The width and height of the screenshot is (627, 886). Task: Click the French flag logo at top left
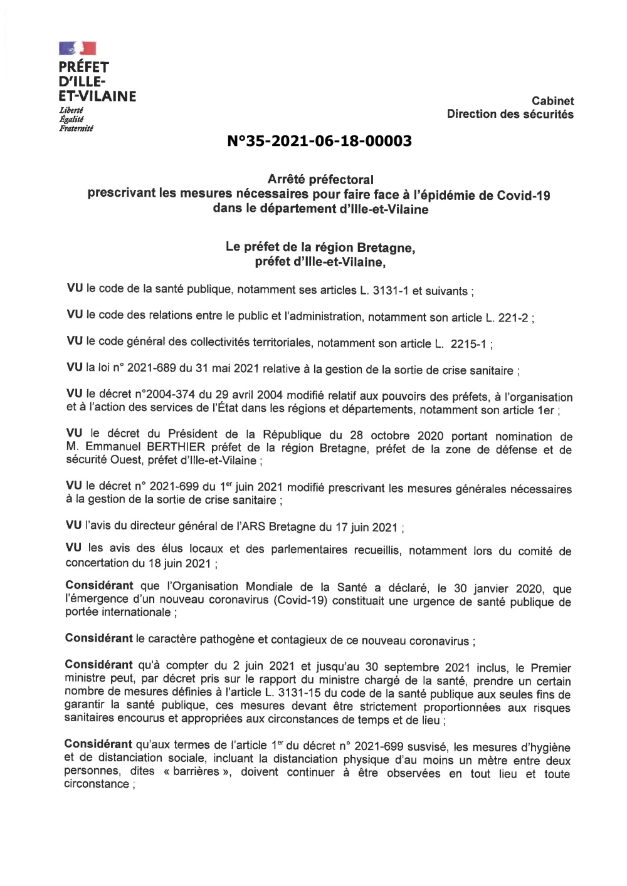pos(77,48)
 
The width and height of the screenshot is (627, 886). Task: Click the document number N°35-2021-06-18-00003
pos(319,141)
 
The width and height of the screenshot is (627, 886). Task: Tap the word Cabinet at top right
pos(552,101)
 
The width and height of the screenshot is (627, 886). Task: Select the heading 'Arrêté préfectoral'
pos(320,180)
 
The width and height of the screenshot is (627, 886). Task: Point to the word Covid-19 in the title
pos(524,195)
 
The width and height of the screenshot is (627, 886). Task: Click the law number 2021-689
pos(150,368)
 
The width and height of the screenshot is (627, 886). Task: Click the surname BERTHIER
pos(176,447)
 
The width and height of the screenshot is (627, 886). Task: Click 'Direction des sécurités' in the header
pos(510,114)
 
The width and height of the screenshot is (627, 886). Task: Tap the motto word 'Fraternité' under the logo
pos(76,128)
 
